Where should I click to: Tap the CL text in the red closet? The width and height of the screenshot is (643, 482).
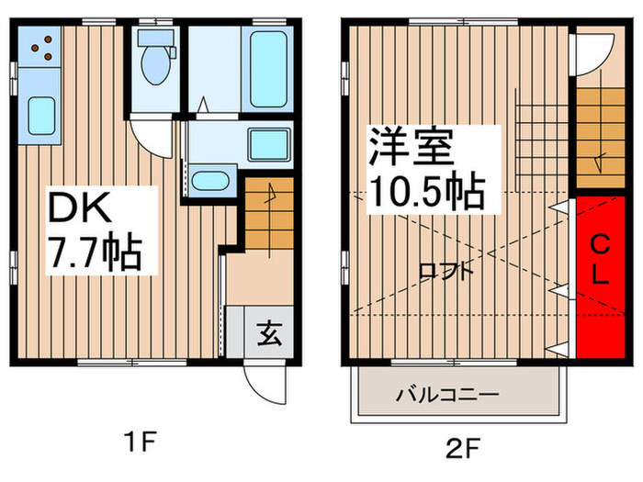(x=599, y=260)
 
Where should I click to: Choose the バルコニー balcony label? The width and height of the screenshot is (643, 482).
(x=447, y=396)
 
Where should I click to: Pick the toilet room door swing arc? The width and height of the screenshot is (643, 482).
(x=149, y=137)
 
